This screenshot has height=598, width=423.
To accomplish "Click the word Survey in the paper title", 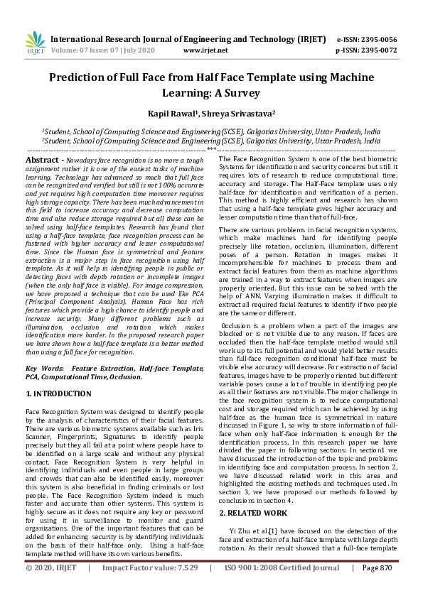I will pos(240,92).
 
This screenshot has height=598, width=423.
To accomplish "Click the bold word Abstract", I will pos(44,161).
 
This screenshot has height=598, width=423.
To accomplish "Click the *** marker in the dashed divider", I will pos(211,149).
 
